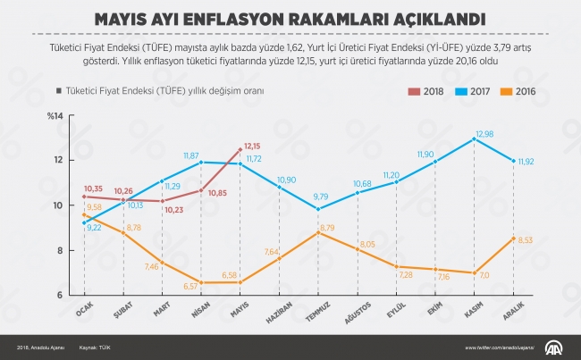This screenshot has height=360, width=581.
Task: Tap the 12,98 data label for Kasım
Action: [484, 133]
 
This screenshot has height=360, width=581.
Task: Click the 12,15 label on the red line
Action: [252, 146]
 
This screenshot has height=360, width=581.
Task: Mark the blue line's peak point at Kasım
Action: [474, 138]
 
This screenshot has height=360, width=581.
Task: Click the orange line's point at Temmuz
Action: [317, 232]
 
